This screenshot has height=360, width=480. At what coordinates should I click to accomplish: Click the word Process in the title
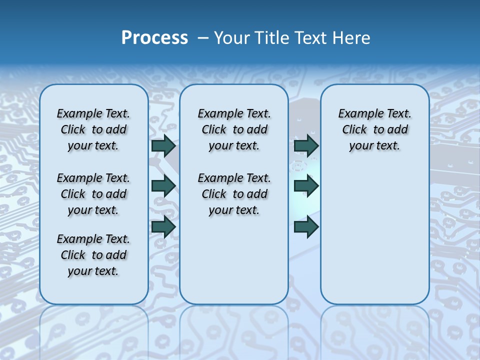coord(154,38)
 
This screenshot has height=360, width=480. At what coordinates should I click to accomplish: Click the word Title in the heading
coord(270,38)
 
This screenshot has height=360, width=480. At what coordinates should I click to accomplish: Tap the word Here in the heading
coord(352,38)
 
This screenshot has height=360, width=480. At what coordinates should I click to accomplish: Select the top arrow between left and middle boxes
coord(163,145)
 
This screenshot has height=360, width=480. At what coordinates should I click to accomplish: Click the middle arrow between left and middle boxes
coord(163,186)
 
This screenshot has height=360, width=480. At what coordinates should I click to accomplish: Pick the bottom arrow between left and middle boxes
coord(163,227)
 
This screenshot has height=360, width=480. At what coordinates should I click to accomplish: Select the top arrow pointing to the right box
coord(306,145)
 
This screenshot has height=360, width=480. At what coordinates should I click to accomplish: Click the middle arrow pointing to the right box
coord(306,186)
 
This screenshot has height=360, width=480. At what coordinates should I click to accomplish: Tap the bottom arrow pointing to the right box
coord(306,227)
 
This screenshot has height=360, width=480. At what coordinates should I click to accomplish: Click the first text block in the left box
coord(93,129)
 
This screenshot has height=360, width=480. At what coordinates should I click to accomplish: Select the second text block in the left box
coord(93,194)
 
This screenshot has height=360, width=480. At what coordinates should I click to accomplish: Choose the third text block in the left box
coord(93,255)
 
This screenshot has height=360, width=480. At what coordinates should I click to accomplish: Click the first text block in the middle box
coord(234,129)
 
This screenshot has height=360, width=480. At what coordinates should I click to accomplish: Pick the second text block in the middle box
coord(234,194)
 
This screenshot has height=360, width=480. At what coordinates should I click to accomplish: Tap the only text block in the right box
coord(374,129)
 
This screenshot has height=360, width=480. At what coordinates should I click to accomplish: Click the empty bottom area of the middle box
coord(234,265)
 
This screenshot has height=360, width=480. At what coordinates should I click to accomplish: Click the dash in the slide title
coord(203,38)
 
